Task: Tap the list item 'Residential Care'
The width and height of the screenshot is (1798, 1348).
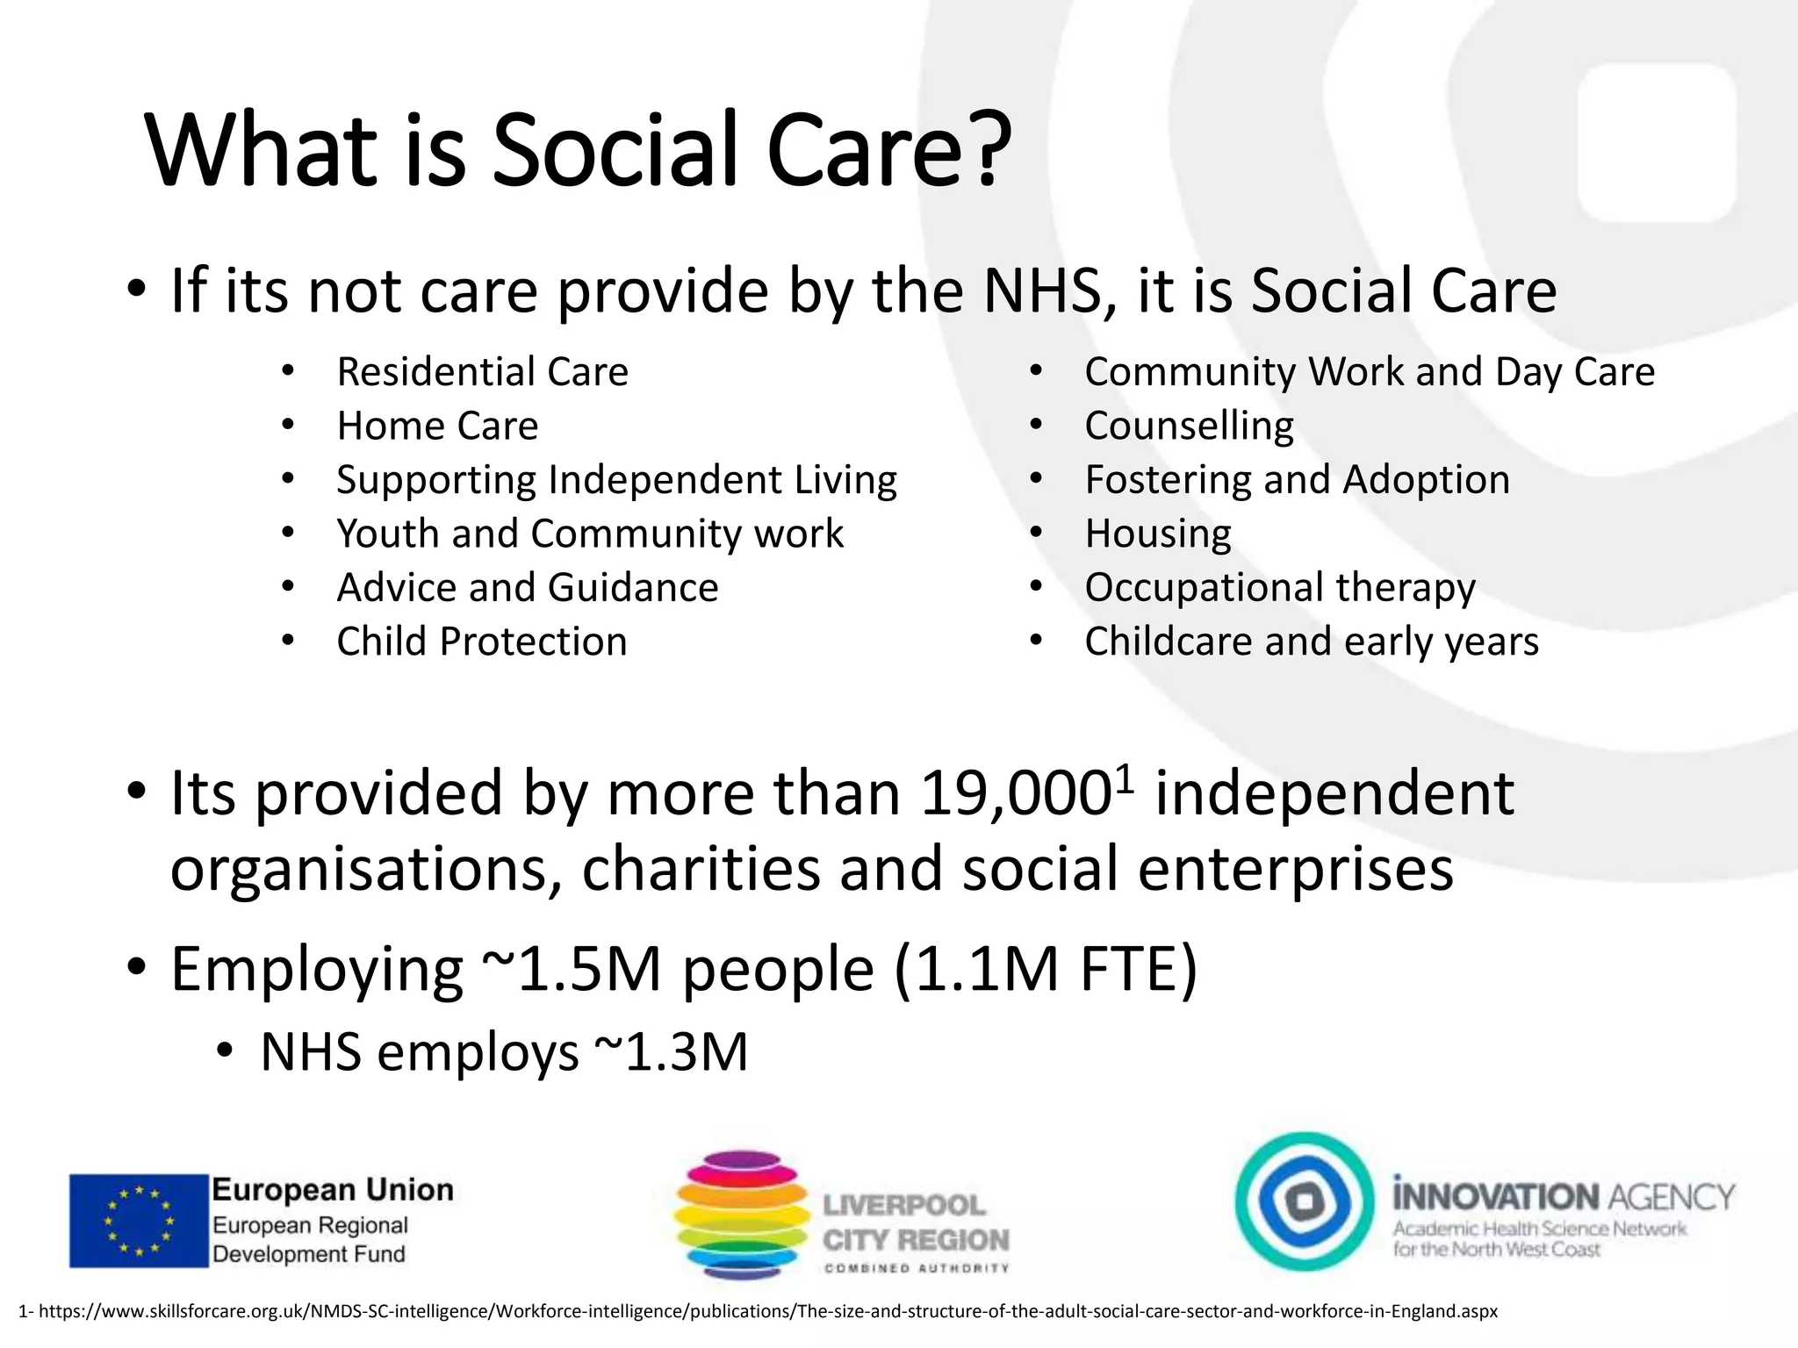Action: (x=482, y=372)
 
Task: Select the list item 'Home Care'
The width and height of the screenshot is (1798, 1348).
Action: (x=437, y=427)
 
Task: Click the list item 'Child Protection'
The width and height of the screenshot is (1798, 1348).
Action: (x=482, y=642)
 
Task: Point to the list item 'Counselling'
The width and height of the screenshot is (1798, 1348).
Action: (x=1189, y=427)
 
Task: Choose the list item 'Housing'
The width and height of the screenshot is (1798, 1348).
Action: (x=1158, y=534)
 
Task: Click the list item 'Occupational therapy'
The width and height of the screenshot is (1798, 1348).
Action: (x=1280, y=587)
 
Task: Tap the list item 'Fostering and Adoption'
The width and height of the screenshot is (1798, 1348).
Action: (x=1297, y=480)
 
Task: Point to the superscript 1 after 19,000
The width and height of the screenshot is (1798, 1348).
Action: (x=1125, y=777)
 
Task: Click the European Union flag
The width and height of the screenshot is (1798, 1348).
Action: (x=139, y=1221)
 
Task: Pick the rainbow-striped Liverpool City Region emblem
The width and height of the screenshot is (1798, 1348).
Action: (x=742, y=1216)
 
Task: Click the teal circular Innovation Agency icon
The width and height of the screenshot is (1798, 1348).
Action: (x=1304, y=1201)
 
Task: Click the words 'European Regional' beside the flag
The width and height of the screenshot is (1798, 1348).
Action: (x=310, y=1225)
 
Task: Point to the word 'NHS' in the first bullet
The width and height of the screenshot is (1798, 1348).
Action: (x=1040, y=291)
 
